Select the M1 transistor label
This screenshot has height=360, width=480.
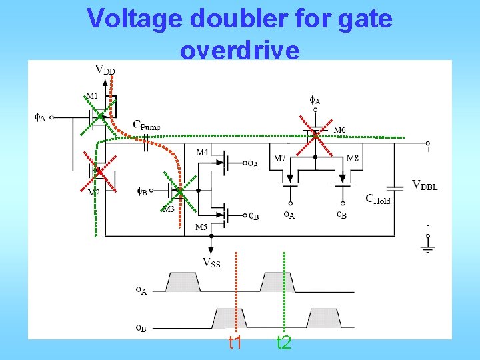pyautogui.click(x=92, y=95)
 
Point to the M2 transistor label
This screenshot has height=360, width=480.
pyautogui.click(x=94, y=193)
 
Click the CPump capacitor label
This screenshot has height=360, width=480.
pyautogui.click(x=147, y=125)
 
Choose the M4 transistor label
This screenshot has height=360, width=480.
pyautogui.click(x=202, y=153)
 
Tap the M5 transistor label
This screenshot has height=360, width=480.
pyautogui.click(x=201, y=227)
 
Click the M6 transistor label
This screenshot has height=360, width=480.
pyautogui.click(x=339, y=129)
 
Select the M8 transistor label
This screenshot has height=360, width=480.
pyautogui.click(x=353, y=159)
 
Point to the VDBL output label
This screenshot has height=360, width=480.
pyautogui.click(x=425, y=186)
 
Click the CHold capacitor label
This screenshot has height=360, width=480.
pyautogui.click(x=378, y=198)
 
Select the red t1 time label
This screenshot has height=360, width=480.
pyautogui.click(x=235, y=343)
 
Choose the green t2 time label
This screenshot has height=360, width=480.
pyautogui.click(x=284, y=343)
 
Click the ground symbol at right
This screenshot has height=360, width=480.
pyautogui.click(x=427, y=247)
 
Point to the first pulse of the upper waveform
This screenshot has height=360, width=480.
pyautogui.click(x=183, y=283)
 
